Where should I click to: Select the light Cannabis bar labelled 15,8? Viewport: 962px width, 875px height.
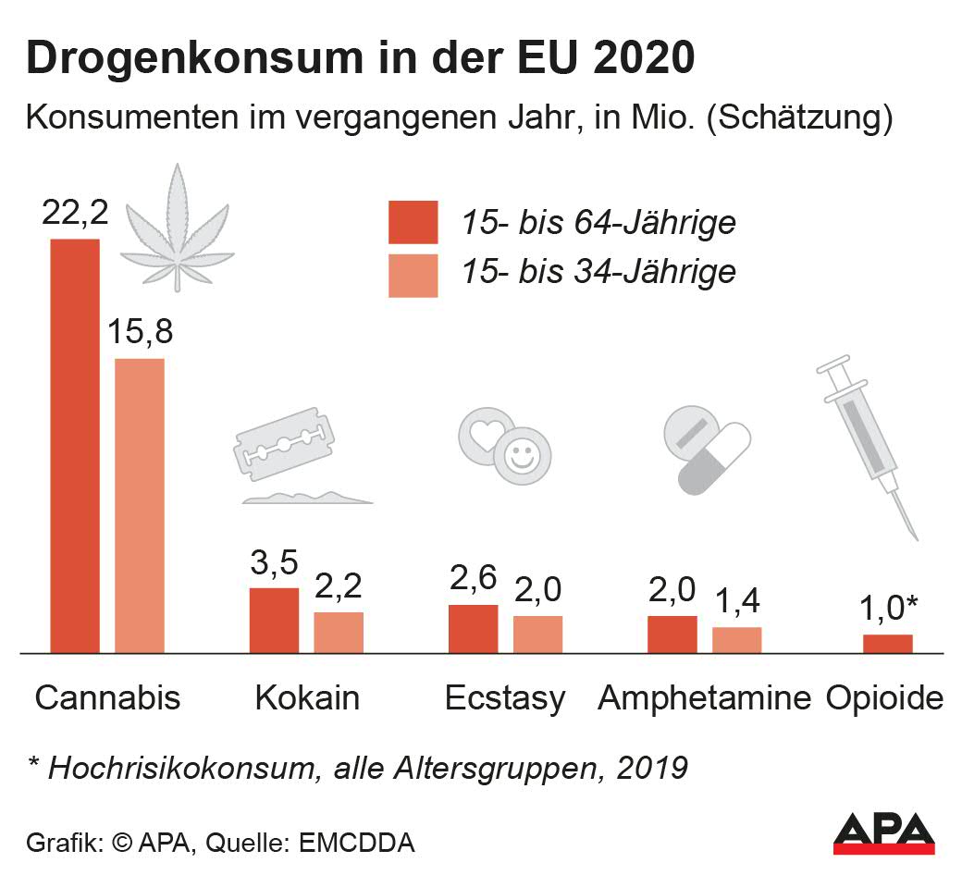click(x=140, y=505)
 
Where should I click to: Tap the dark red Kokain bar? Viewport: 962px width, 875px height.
click(x=274, y=620)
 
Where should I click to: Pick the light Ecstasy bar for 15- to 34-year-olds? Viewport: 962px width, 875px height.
click(x=537, y=635)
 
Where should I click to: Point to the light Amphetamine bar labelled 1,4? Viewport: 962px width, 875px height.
click(x=736, y=640)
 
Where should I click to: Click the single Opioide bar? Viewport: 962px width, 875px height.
click(x=887, y=644)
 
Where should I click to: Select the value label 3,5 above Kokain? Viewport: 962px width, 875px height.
click(x=275, y=563)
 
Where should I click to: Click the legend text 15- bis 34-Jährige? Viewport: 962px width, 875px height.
click(x=598, y=272)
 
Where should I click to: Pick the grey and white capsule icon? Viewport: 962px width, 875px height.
click(x=716, y=459)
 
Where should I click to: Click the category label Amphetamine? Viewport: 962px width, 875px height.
click(x=704, y=697)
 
